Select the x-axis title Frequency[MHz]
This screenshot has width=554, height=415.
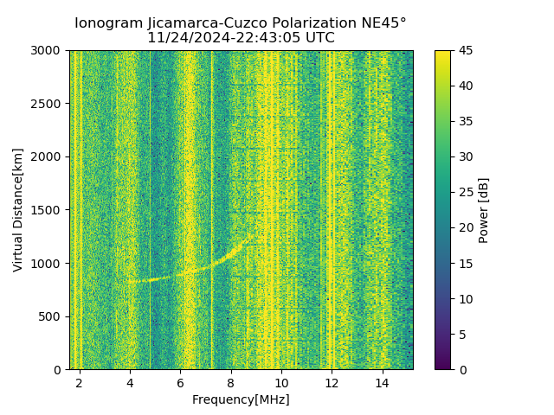click(241, 399)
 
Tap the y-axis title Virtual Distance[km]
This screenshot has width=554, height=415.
click(18, 209)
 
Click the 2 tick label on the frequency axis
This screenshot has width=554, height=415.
click(80, 382)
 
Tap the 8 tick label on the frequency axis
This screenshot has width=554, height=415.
click(231, 382)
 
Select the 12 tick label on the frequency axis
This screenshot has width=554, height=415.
click(332, 382)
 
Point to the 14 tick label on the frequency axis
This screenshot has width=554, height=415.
click(382, 382)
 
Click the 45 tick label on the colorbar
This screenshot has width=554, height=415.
click(465, 50)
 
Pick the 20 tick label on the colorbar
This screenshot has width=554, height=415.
click(465, 227)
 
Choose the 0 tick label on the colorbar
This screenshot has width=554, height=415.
click(461, 369)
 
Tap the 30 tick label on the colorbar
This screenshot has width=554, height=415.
click(465, 156)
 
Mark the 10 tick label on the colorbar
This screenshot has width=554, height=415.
click(465, 298)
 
